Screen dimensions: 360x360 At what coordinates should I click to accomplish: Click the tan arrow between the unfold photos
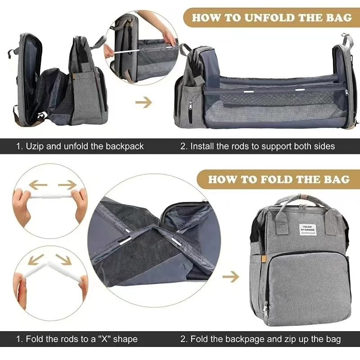click(144, 103)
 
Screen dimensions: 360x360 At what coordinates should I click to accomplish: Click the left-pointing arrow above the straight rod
click(38, 184)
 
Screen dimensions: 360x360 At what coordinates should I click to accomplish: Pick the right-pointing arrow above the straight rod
click(67, 184)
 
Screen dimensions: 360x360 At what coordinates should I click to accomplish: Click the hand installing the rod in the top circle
click(167, 36)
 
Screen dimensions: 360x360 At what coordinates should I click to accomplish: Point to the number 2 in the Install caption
click(183, 146)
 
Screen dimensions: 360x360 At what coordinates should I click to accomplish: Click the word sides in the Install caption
click(324, 146)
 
